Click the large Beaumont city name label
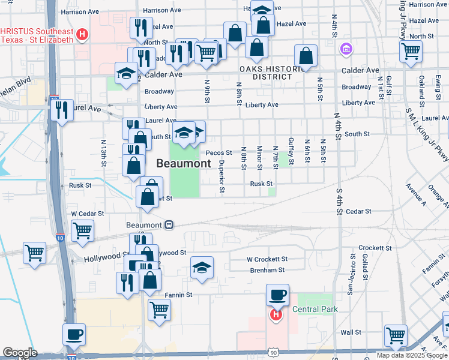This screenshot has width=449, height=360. pos(184,163)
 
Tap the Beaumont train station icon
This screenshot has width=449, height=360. pos(170,225)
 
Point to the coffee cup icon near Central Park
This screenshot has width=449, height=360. pos(277,295)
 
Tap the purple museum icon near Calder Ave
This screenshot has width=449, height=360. pos(346,48)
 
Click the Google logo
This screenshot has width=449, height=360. pos(20,353)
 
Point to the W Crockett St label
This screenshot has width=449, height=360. pos(267,259)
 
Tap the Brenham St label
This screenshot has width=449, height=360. pos(268,271)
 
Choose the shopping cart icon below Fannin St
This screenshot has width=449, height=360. pos(159,310)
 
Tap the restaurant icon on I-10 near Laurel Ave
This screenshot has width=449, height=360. pos(62,110)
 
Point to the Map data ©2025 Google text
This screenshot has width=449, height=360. pos(411,355)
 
